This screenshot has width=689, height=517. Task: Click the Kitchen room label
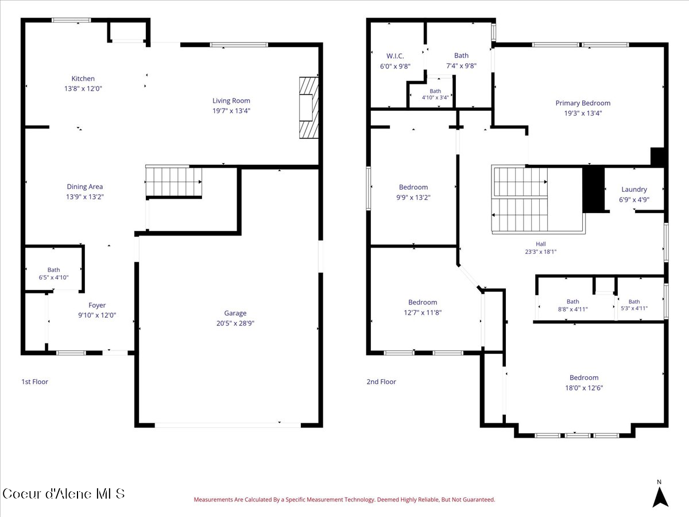tap(83, 79)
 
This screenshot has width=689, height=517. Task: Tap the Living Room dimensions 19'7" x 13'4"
tap(231, 110)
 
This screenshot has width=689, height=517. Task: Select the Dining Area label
tap(85, 187)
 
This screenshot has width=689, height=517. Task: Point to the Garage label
tap(235, 313)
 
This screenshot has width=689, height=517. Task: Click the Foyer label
tap(97, 305)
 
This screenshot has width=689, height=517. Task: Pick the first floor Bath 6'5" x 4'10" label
tap(53, 273)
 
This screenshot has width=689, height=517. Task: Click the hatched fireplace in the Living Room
tap(309, 107)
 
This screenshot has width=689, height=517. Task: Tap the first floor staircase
tap(173, 182)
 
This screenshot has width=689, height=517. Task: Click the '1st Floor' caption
tap(34, 381)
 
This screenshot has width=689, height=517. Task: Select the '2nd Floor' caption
tap(381, 381)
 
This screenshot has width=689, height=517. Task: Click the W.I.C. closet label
tap(395, 56)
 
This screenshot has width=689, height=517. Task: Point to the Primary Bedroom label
tap(583, 103)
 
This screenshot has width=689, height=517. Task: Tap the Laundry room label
tap(634, 190)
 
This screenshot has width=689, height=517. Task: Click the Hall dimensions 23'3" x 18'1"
tap(540, 252)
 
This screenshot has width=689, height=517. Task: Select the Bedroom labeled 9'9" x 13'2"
tap(413, 192)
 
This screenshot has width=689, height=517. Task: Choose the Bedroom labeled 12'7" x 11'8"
tap(423, 307)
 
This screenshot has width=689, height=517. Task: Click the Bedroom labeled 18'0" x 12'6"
tap(584, 383)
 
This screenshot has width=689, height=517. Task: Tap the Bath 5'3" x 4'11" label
tap(634, 305)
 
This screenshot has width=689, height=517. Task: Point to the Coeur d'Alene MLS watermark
tap(63, 494)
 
